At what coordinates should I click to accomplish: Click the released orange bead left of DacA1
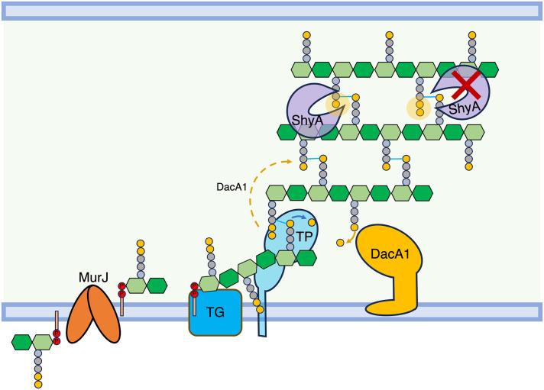(x=338, y=243)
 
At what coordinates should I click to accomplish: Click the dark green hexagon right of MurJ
(x=156, y=285)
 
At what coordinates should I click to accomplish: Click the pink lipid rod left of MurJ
(x=56, y=320)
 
